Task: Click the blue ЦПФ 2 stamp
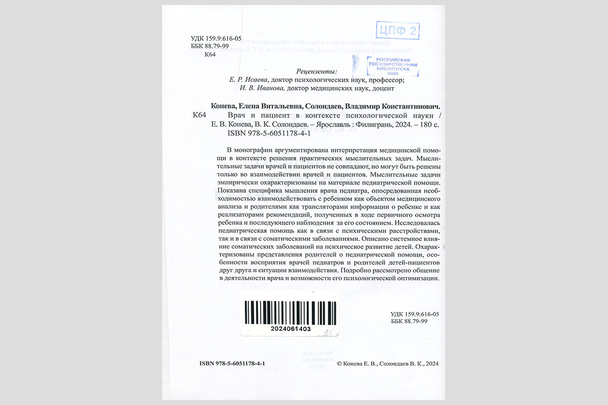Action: [398, 31]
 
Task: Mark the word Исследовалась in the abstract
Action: [415, 223]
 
